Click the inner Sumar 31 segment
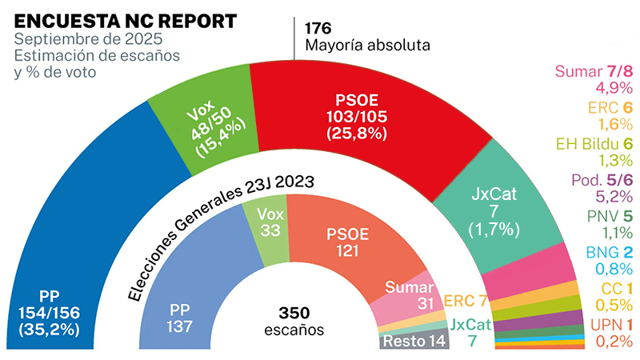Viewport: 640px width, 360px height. (x=407, y=296)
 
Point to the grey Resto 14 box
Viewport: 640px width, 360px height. (x=413, y=340)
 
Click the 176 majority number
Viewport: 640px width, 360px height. (x=318, y=27)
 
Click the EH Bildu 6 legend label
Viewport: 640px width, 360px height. (x=593, y=143)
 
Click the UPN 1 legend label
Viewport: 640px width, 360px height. (x=604, y=325)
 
